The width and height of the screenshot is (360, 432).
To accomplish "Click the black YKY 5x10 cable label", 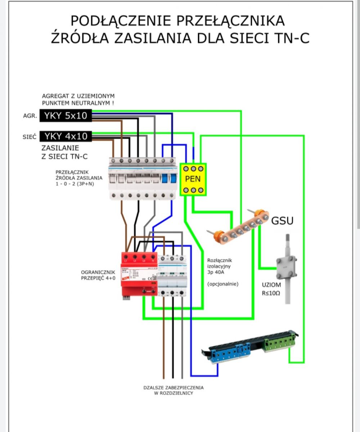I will [x=65, y=116].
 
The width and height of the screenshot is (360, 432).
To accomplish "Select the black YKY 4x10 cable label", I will [x=65, y=136].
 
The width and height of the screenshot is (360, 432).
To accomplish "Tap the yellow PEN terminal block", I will [x=193, y=179].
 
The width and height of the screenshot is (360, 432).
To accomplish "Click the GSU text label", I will [x=282, y=221].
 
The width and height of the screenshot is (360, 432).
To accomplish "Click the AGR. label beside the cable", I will [x=30, y=116].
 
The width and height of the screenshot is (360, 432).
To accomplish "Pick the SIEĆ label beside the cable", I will [x=30, y=137].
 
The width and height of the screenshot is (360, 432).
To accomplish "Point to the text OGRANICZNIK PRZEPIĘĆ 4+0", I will [x=98, y=275].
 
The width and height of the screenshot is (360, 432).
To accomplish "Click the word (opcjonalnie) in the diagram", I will [x=223, y=284].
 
